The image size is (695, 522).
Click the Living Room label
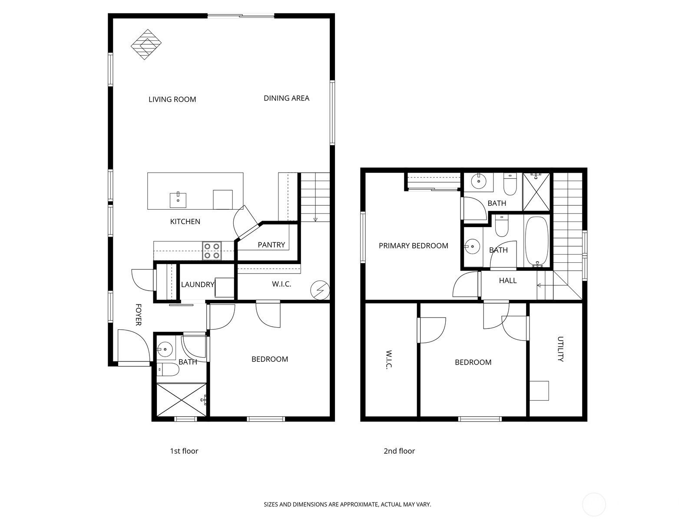point(172,99)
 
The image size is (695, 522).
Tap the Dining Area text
point(286,98)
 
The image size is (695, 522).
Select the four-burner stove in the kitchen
point(212,251)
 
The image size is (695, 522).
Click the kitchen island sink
point(178,200)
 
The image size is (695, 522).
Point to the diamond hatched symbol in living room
point(146,44)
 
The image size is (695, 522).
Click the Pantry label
point(271,245)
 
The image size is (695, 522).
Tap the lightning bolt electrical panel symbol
point(320,290)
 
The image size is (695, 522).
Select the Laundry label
point(198,284)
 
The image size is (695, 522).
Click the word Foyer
point(138,315)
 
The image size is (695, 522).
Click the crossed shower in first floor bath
point(180,399)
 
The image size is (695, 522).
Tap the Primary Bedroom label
point(413,246)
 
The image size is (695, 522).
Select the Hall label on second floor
point(507,281)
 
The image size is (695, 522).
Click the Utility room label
point(560,349)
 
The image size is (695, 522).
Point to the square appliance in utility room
point(539,390)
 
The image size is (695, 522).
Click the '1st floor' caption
point(184,451)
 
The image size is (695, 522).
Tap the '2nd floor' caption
point(399,451)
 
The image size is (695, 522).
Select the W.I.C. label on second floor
point(388,360)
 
